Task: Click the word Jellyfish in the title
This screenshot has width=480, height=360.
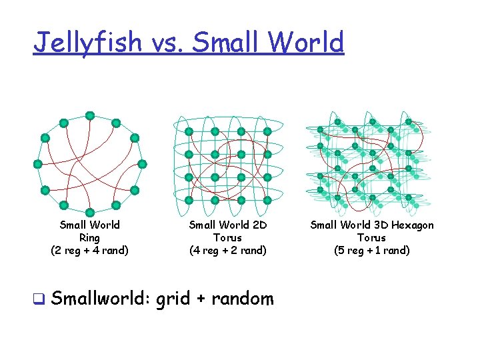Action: (x=87, y=43)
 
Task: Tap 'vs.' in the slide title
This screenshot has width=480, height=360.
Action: (x=168, y=43)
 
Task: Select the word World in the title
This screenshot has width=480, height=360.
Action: (x=308, y=43)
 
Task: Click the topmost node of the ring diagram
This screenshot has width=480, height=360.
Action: (x=89, y=115)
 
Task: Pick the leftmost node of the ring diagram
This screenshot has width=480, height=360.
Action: (x=37, y=163)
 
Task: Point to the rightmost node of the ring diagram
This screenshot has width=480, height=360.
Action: (x=142, y=163)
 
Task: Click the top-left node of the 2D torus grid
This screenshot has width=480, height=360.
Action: (x=189, y=131)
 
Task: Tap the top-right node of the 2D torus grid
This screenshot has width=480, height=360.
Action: (x=267, y=131)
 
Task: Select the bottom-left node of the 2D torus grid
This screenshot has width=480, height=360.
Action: (x=189, y=199)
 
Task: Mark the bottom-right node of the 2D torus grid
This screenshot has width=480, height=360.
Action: (x=267, y=199)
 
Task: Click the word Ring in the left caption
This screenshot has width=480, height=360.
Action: (x=89, y=238)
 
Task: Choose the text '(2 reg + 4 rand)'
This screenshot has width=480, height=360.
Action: (x=89, y=251)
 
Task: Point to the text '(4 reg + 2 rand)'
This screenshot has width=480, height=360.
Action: (x=228, y=251)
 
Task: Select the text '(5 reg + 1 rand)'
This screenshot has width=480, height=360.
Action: (x=371, y=251)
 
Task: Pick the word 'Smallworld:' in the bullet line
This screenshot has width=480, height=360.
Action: (x=100, y=298)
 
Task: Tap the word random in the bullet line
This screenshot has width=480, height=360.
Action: (x=243, y=298)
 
